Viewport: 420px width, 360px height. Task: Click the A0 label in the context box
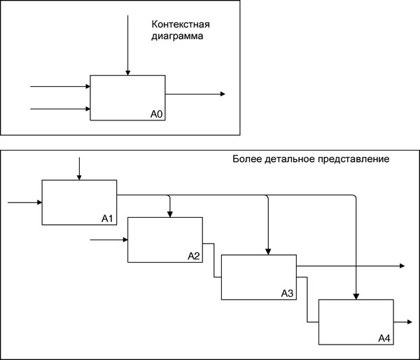[156, 114]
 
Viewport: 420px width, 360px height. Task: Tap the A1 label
[107, 219]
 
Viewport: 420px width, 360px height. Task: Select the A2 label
[194, 256]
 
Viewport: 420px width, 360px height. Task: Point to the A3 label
[287, 293]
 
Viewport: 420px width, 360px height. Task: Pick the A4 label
[384, 338]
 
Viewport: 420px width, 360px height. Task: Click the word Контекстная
[181, 25]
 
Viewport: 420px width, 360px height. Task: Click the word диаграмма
[177, 36]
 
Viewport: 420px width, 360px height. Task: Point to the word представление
[353, 160]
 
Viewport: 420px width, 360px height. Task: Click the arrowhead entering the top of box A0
[128, 73]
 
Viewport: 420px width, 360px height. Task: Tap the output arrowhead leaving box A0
[223, 94]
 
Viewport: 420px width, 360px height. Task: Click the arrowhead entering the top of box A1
[79, 177]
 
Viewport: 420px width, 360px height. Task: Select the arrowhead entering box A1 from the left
[39, 202]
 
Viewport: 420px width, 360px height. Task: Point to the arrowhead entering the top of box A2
[170, 214]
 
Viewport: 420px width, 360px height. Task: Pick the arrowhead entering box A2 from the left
[125, 240]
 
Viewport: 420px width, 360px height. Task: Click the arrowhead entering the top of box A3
[268, 251]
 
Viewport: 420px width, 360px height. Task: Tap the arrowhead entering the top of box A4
[356, 296]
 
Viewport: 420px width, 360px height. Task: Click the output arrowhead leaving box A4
[409, 321]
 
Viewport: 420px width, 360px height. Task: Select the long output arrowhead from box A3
[402, 265]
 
